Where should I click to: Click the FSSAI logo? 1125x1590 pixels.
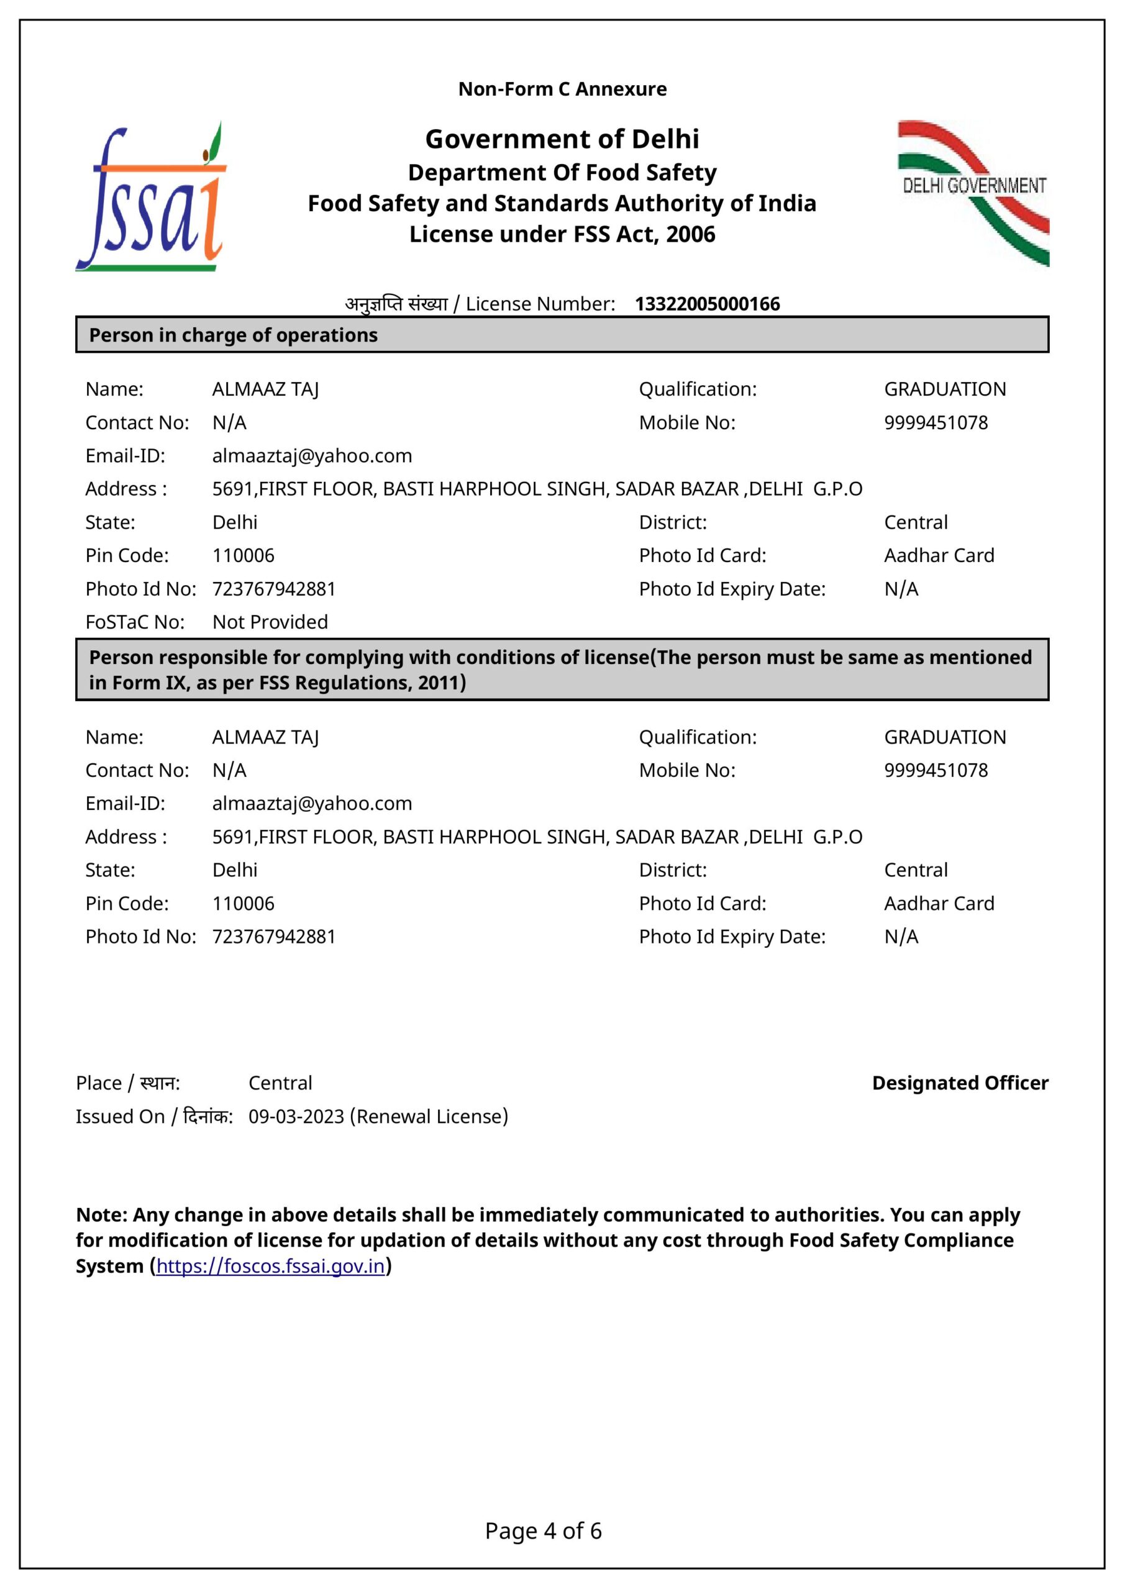point(151,198)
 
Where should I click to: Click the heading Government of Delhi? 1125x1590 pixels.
point(562,139)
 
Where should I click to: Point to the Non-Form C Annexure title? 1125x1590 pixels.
point(562,89)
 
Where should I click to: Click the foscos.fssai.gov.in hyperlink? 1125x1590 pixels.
point(270,1266)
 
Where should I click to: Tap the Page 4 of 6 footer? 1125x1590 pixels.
point(543,1530)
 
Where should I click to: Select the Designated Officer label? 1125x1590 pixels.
point(959,1083)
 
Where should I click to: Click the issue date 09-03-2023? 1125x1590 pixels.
point(296,1116)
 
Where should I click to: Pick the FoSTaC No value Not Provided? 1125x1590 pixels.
point(270,622)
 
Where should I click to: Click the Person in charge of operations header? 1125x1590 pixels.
point(234,335)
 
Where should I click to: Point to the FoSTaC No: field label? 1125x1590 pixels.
point(135,622)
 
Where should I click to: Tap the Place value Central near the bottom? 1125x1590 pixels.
point(280,1083)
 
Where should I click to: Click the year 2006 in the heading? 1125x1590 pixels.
point(690,234)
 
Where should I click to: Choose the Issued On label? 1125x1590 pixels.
point(119,1116)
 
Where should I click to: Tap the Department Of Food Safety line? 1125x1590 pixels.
point(562,173)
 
